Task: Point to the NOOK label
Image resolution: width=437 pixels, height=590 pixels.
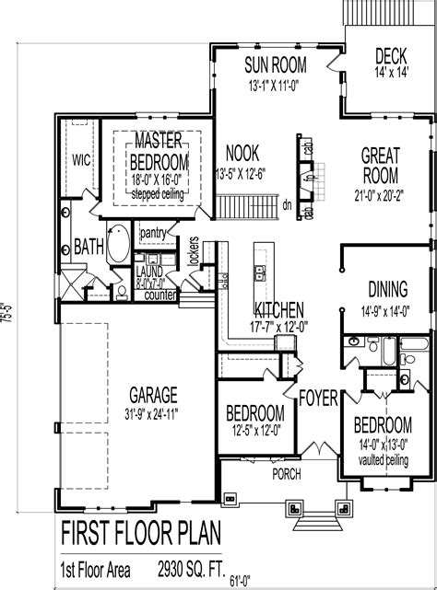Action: coord(242,153)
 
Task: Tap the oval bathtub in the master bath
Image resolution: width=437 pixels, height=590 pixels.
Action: coord(117,245)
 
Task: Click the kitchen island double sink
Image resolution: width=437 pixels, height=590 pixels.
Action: coord(261,272)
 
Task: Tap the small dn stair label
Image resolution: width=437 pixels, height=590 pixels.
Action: coord(287,204)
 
